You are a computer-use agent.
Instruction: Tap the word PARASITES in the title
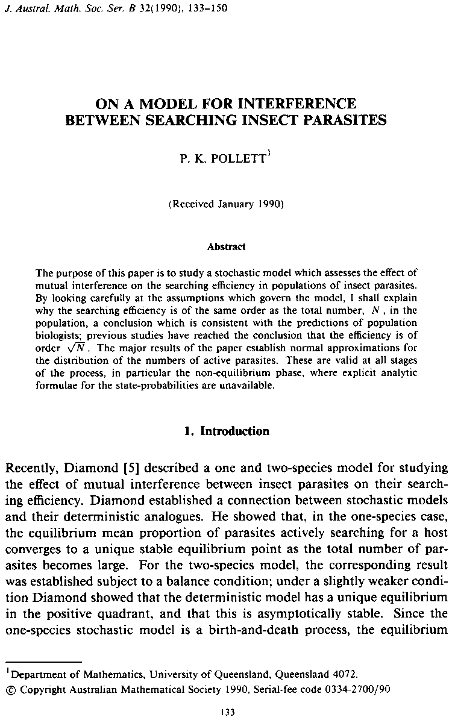[x=343, y=119]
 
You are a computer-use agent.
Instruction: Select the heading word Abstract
[x=226, y=246]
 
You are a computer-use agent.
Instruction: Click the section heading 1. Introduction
[x=226, y=431]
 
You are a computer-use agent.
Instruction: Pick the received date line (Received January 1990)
[x=226, y=204]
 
